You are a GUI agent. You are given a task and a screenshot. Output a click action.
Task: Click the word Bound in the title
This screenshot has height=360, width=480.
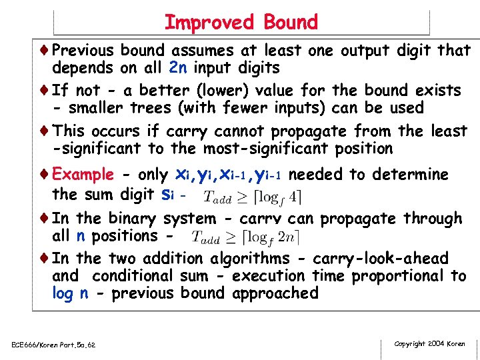(291, 22)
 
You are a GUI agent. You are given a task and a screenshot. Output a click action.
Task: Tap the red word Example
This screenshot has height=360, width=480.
(83, 175)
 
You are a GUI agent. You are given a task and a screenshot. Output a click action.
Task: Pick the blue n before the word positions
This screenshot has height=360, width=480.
(80, 236)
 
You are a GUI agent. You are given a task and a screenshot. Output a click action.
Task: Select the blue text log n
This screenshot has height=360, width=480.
(70, 293)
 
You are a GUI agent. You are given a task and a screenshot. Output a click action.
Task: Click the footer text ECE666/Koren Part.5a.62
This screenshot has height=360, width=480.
(53, 345)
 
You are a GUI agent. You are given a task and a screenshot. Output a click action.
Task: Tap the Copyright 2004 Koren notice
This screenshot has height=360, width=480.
(429, 344)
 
